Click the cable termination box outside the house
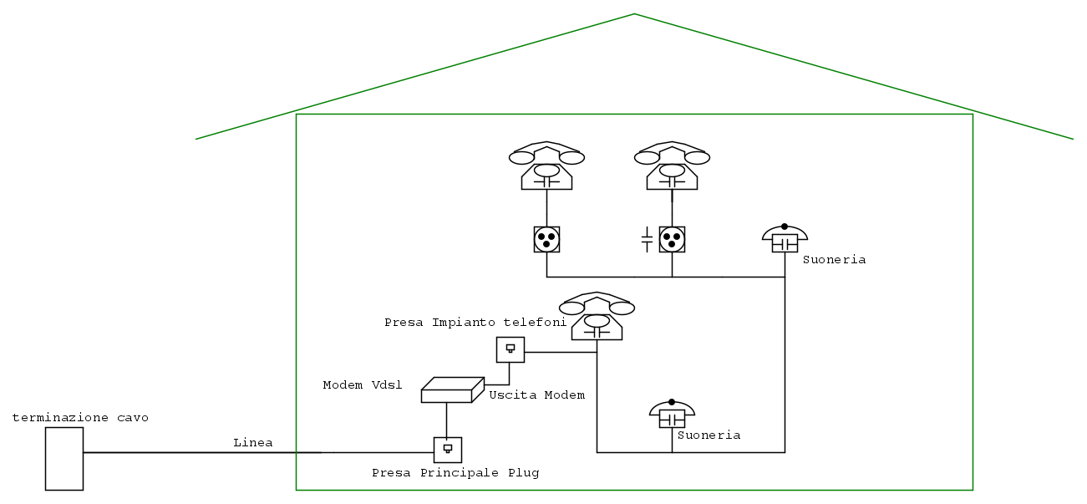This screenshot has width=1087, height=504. (x=64, y=458)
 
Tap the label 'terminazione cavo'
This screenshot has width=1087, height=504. (x=80, y=418)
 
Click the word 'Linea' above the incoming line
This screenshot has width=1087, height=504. (x=253, y=443)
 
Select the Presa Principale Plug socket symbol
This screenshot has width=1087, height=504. (x=448, y=450)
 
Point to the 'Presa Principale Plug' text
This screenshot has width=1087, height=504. (x=455, y=473)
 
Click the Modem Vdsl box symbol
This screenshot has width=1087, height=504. (x=452, y=390)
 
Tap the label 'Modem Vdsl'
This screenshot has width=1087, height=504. (x=363, y=385)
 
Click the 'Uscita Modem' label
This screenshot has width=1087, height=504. (x=536, y=395)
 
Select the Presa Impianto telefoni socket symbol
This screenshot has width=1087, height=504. (x=510, y=349)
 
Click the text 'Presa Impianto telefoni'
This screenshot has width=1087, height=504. (x=475, y=322)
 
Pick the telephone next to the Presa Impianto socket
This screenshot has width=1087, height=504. (x=597, y=317)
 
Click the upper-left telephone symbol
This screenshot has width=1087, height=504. (x=546, y=166)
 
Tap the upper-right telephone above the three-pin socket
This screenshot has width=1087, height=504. (x=672, y=166)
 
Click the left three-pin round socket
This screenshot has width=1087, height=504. (x=546, y=240)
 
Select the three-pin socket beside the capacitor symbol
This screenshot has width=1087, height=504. (x=672, y=240)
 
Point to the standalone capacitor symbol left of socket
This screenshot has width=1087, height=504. (x=647, y=240)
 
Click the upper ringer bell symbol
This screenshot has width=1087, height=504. (x=785, y=239)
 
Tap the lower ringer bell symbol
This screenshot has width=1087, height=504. (x=672, y=415)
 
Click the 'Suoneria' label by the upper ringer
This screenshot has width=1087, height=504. (x=834, y=260)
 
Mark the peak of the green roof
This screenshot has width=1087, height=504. (x=634, y=14)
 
